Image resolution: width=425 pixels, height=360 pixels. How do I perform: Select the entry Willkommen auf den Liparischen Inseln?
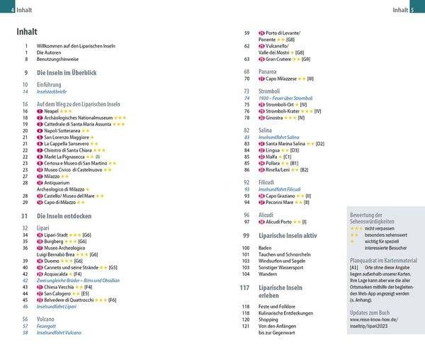[x=75, y=46]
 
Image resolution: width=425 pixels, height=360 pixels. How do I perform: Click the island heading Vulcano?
[x=47, y=320]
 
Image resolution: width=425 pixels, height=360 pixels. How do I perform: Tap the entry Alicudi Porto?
[x=279, y=222]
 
